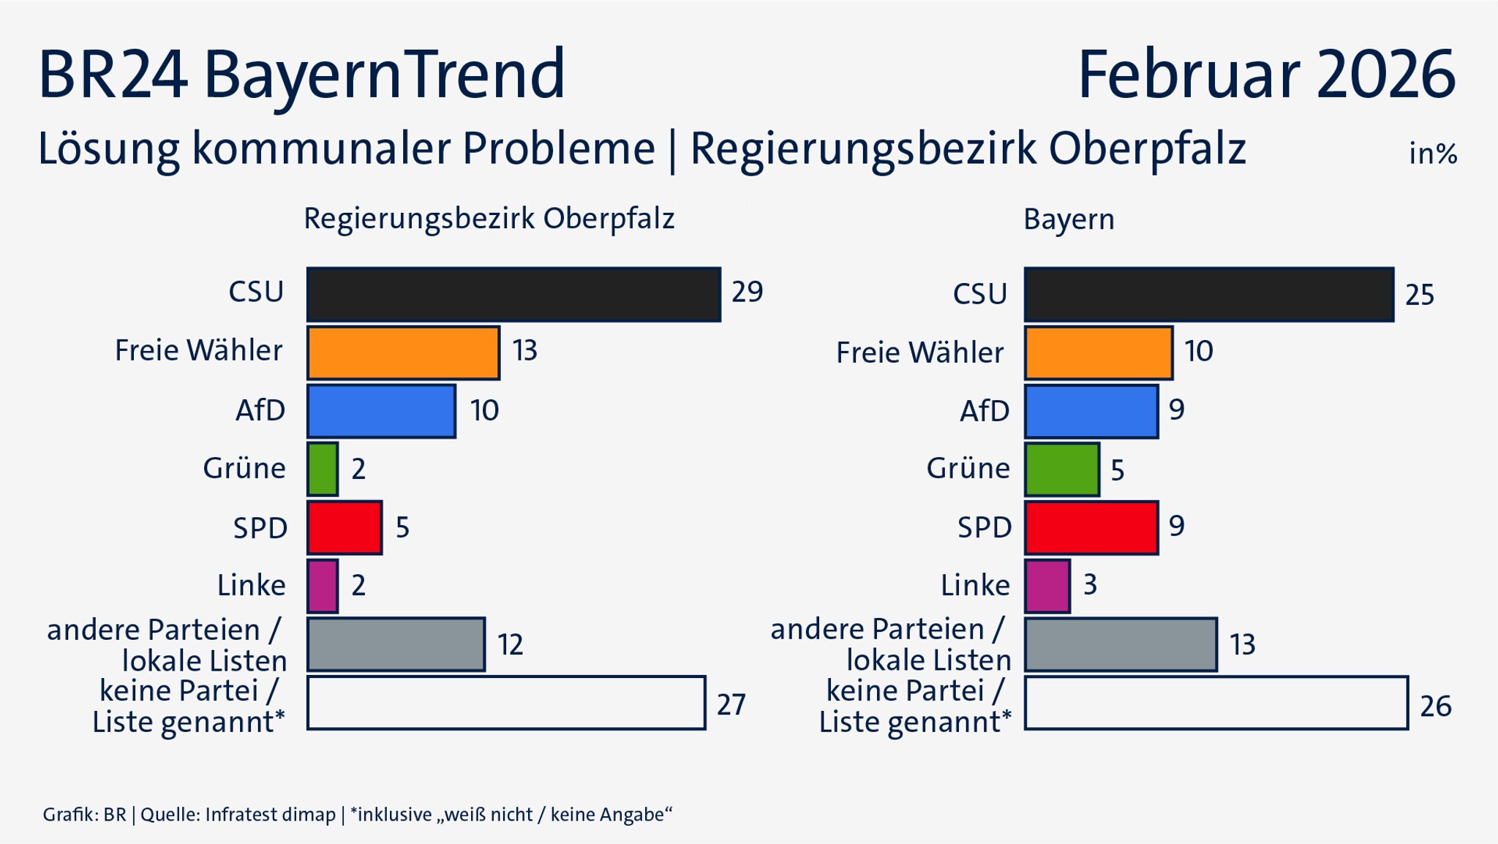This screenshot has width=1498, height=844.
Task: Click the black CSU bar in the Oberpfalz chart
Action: tap(513, 294)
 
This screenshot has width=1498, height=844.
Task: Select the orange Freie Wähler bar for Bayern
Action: tap(1099, 353)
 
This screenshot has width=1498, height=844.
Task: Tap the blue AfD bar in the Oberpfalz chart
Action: tap(381, 411)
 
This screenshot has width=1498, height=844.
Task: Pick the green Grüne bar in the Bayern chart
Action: tap(1062, 470)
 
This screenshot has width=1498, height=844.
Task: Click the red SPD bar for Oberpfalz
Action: tap(345, 527)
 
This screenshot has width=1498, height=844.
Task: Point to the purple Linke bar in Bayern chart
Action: tap(1047, 586)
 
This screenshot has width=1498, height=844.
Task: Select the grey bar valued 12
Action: tap(396, 644)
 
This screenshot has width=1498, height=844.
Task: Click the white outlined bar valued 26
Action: tap(1216, 703)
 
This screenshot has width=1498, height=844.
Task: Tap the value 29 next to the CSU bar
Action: tap(747, 292)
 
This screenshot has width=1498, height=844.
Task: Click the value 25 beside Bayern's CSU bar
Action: tap(1419, 295)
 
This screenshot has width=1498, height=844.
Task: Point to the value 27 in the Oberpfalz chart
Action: tap(731, 704)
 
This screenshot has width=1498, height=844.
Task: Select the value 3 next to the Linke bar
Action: tap(1090, 585)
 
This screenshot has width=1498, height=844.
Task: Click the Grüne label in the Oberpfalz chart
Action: tap(244, 468)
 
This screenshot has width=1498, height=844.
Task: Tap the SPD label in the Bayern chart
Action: tap(985, 527)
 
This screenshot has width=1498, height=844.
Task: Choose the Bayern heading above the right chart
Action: tap(1069, 219)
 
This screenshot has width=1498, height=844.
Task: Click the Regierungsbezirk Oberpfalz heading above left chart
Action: tap(489, 219)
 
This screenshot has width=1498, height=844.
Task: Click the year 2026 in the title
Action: tap(1385, 75)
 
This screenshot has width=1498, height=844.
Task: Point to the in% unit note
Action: tap(1432, 154)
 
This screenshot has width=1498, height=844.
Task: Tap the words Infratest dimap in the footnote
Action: tap(270, 815)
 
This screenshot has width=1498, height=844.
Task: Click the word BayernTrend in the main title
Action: tap(384, 75)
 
